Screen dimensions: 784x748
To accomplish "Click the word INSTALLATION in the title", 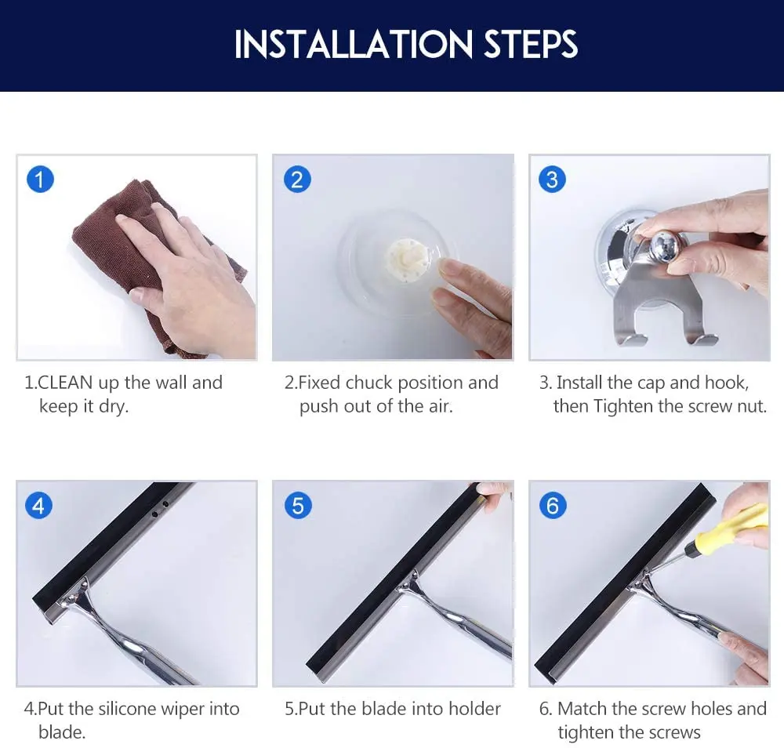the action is (354, 45).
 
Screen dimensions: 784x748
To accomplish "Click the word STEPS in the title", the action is (531, 45).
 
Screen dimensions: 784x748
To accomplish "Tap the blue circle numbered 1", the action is (40, 179).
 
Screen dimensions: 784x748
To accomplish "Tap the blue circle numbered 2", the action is (297, 180).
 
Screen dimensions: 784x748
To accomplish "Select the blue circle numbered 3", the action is (552, 180).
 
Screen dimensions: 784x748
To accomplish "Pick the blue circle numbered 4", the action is (38, 506).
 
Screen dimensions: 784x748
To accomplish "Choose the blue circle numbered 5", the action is (298, 506).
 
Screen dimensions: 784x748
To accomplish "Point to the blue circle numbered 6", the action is (553, 506).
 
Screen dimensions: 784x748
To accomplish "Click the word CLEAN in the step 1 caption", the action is (65, 383).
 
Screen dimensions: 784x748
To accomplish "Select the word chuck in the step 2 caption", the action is (369, 383).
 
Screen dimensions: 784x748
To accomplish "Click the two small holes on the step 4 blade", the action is (159, 510).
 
